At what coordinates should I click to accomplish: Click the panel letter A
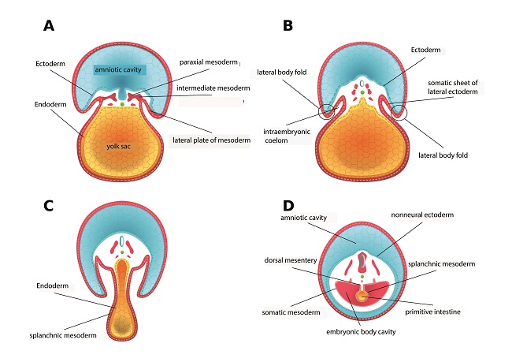[x=49, y=25]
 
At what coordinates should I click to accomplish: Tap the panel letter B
[x=288, y=25]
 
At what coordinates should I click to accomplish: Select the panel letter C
[x=48, y=206]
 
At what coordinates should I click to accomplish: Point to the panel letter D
[x=288, y=206]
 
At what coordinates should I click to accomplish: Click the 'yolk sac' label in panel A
[x=118, y=146]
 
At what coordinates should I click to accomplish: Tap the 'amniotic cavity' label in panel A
[x=118, y=69]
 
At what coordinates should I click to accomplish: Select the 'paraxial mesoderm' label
[x=208, y=62]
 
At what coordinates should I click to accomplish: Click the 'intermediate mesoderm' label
[x=213, y=88]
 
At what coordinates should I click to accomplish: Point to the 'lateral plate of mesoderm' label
[x=212, y=140]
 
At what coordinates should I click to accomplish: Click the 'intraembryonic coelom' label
[x=287, y=136]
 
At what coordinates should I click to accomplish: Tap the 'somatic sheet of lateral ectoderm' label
[x=453, y=88]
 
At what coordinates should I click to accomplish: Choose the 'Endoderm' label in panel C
[x=53, y=285]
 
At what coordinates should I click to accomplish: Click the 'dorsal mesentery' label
[x=291, y=260]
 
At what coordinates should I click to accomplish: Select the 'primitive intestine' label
[x=432, y=312]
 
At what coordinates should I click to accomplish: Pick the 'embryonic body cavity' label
[x=361, y=332]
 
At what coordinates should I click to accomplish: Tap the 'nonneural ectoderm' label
[x=422, y=215]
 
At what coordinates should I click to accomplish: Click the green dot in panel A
[x=122, y=104]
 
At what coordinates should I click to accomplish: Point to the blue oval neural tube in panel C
[x=122, y=241]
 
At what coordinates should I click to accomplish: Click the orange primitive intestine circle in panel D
[x=362, y=296]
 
